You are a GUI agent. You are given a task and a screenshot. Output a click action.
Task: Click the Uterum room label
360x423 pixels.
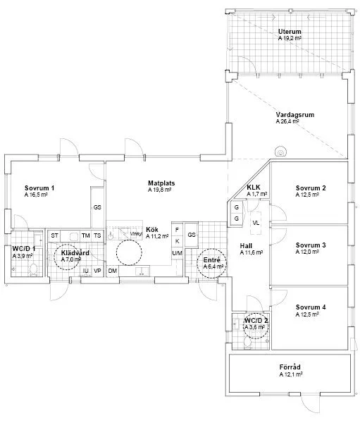(x=289, y=32)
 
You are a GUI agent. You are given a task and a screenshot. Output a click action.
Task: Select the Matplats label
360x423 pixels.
(x=161, y=183)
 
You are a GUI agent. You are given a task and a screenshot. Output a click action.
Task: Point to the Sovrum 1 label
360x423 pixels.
(x=39, y=188)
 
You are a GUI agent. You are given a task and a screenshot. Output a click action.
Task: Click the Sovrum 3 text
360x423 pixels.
(x=311, y=245)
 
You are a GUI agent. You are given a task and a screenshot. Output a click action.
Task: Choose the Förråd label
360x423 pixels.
(x=290, y=367)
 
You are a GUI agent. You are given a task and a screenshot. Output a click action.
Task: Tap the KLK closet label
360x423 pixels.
(x=254, y=187)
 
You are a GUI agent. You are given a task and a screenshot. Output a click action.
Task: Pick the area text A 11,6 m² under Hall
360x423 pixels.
(x=251, y=252)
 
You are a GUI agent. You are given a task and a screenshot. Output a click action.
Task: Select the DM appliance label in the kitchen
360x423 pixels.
(x=113, y=271)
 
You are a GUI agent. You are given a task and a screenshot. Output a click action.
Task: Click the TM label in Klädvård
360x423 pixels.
(x=85, y=235)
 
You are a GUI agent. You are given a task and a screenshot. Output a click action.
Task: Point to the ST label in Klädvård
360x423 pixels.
(x=54, y=235)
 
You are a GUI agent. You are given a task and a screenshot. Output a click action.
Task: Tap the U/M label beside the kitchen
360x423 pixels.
(x=177, y=253)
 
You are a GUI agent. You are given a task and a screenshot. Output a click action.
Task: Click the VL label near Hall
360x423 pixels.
(x=255, y=223)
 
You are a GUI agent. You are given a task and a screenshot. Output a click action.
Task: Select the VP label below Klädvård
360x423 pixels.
(x=98, y=271)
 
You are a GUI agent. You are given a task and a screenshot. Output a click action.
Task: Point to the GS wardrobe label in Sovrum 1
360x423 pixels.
(x=97, y=208)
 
